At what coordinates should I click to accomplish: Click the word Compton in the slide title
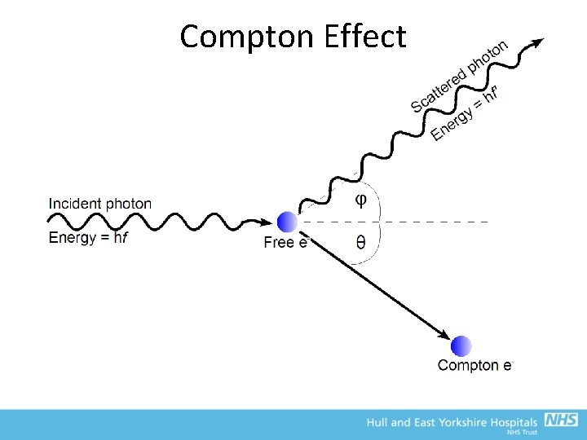pyautogui.click(x=247, y=37)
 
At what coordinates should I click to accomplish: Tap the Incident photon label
pyautogui.click(x=100, y=204)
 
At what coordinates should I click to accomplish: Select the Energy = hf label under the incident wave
pyautogui.click(x=89, y=238)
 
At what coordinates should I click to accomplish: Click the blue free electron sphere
pyautogui.click(x=287, y=222)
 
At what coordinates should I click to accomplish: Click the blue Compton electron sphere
pyautogui.click(x=462, y=345)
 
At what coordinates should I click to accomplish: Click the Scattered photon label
pyautogui.click(x=459, y=77)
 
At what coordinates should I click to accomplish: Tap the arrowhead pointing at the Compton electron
pyautogui.click(x=444, y=335)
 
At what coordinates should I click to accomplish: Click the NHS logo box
pyautogui.click(x=561, y=420)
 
